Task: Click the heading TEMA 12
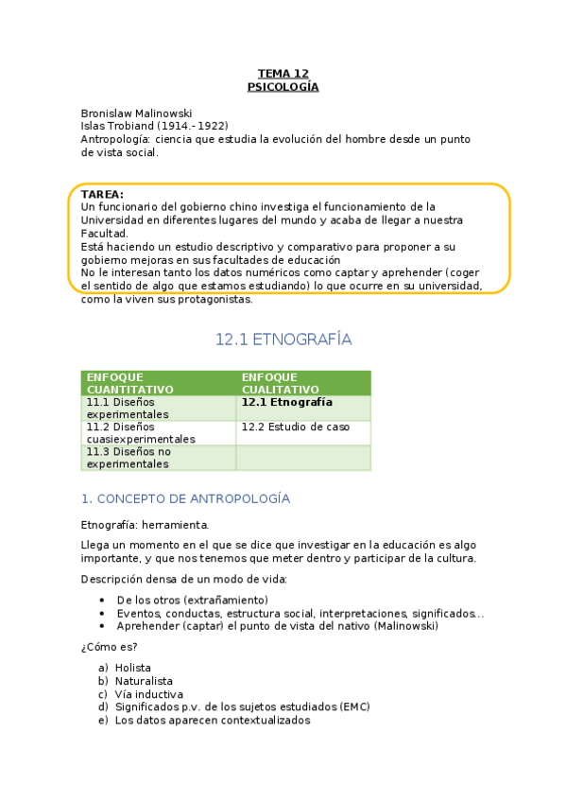pyautogui.click(x=283, y=74)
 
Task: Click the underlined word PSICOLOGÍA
pyautogui.click(x=283, y=87)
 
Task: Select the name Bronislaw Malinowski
pyautogui.click(x=136, y=113)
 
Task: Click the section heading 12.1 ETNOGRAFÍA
pyautogui.click(x=283, y=339)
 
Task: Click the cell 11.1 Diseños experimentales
pyautogui.click(x=128, y=408)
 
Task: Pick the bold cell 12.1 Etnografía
pyautogui.click(x=287, y=402)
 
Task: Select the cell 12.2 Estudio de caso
pyautogui.click(x=295, y=427)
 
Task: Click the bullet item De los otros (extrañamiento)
pyautogui.click(x=192, y=601)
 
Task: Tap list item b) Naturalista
pyautogui.click(x=144, y=681)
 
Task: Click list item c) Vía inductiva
pyautogui.click(x=148, y=694)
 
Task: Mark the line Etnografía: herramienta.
pyautogui.click(x=145, y=524)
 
